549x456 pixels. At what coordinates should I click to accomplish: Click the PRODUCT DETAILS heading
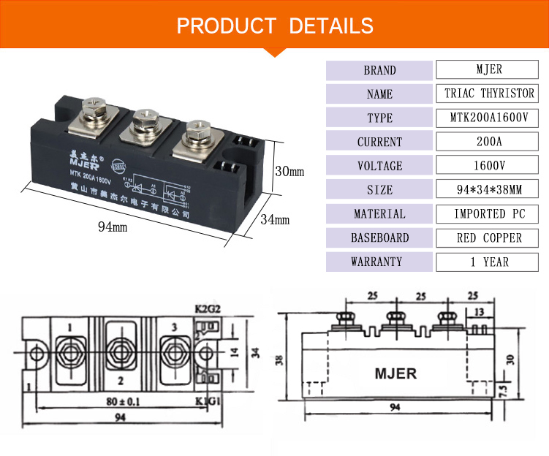pos(274,26)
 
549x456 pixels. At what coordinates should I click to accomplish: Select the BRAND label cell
pos(379,71)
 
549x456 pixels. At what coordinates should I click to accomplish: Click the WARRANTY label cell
pos(379,262)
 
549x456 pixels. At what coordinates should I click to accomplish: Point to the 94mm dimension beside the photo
pos(113,227)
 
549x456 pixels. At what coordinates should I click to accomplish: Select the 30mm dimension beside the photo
pos(288,172)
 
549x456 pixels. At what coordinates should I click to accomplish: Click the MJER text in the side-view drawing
pos(395,373)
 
